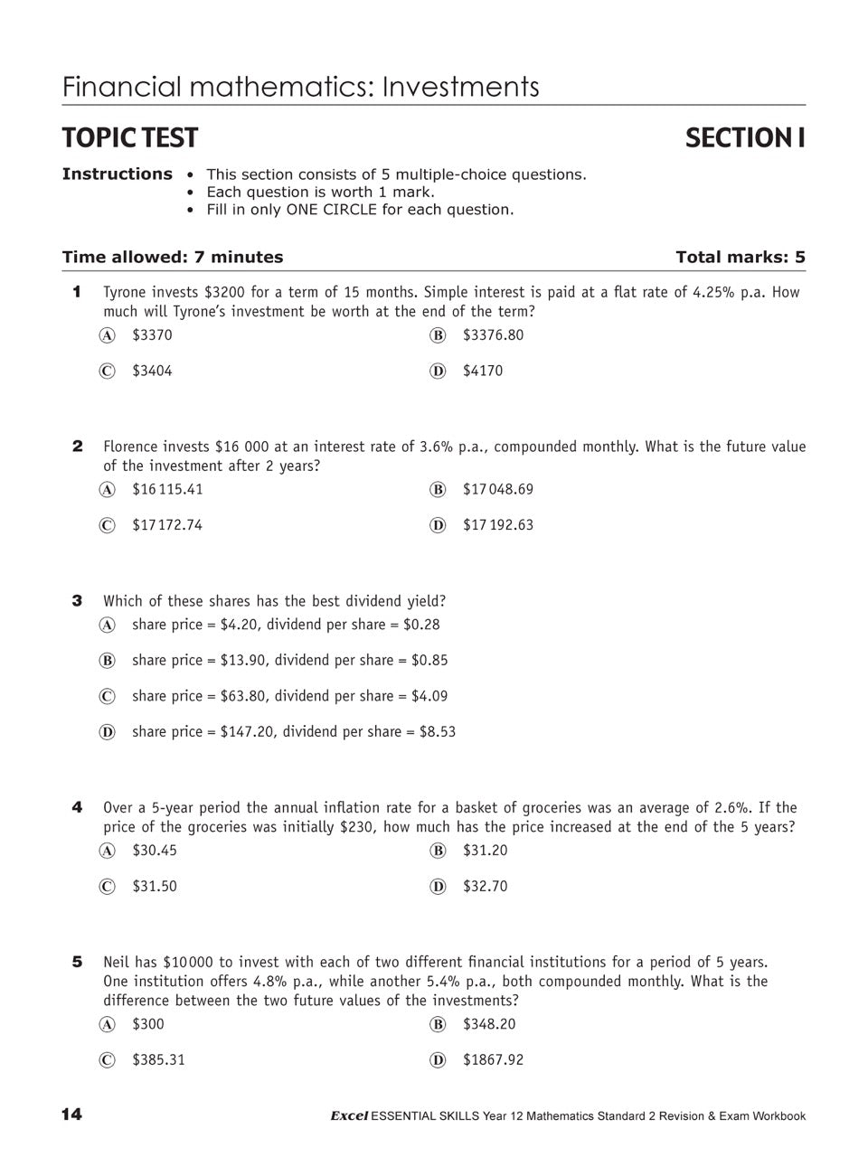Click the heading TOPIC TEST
[x=129, y=137]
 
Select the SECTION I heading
[x=744, y=137]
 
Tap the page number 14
[x=71, y=1115]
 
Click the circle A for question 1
[x=108, y=335]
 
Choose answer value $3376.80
[x=493, y=335]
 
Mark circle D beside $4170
[x=439, y=372]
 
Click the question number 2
[x=78, y=447]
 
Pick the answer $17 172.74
[x=167, y=525]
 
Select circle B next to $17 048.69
[x=439, y=490]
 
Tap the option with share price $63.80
[x=289, y=696]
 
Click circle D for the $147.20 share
[x=108, y=732]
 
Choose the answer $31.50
[x=155, y=887]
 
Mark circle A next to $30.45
[x=108, y=851]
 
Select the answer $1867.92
[x=493, y=1060]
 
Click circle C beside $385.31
[x=108, y=1060]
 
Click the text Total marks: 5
[x=740, y=258]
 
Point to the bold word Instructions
[x=117, y=174]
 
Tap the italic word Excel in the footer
[x=349, y=1116]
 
